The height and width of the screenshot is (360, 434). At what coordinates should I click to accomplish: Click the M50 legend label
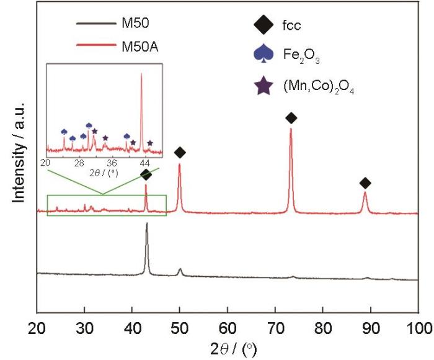tap(135, 25)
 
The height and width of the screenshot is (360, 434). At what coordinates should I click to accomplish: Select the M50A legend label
tap(139, 45)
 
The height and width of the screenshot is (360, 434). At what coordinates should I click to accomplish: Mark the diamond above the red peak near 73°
tap(291, 118)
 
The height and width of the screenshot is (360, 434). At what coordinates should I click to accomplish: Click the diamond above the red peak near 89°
tap(365, 182)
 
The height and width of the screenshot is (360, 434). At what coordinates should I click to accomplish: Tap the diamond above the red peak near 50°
tap(180, 152)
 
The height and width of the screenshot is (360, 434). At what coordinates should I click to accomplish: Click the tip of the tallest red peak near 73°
tap(291, 129)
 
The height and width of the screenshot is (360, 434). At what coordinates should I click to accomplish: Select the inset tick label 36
tap(113, 163)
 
